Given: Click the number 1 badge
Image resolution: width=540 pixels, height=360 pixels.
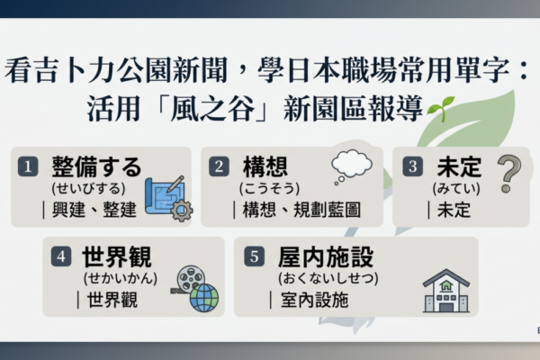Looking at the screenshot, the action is point(28,166).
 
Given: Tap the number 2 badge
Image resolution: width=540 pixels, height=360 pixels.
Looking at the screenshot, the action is point(219,166).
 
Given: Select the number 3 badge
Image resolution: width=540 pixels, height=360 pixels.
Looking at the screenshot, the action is point(412,166).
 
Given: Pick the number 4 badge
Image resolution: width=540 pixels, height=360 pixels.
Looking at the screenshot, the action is point(61,256).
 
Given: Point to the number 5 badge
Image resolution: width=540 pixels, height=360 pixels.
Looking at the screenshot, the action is point(254,256).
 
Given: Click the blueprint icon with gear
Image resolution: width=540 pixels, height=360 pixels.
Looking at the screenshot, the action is point(169,198).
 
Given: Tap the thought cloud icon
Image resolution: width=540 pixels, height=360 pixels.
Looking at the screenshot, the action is point(351,166).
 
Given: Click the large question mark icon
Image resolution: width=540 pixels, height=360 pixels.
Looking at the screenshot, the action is point(509,174).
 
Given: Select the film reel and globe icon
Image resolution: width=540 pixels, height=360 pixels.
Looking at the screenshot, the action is point(195,289).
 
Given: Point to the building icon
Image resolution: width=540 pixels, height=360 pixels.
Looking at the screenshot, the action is point(446,291).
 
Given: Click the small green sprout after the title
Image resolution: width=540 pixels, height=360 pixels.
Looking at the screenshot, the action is point(440,109).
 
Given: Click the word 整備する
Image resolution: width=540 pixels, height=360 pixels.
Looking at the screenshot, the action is point(97,166).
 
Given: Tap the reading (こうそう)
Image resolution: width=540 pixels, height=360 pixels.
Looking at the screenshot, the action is point(269,188).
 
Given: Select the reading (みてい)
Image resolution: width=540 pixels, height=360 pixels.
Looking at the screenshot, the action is point(456,188).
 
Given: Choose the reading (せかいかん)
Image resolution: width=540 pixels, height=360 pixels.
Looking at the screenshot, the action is point(121,278).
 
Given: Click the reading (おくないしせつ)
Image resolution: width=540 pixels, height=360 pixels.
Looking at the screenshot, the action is point(328,278).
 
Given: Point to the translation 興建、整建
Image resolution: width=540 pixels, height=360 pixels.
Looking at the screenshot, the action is point(94,210).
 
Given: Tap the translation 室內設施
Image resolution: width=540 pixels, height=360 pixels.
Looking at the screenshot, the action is point(314,300).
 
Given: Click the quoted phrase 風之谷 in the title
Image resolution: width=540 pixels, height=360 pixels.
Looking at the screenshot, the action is point(212,109).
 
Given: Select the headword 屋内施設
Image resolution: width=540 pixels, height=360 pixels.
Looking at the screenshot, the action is point(326,257).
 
